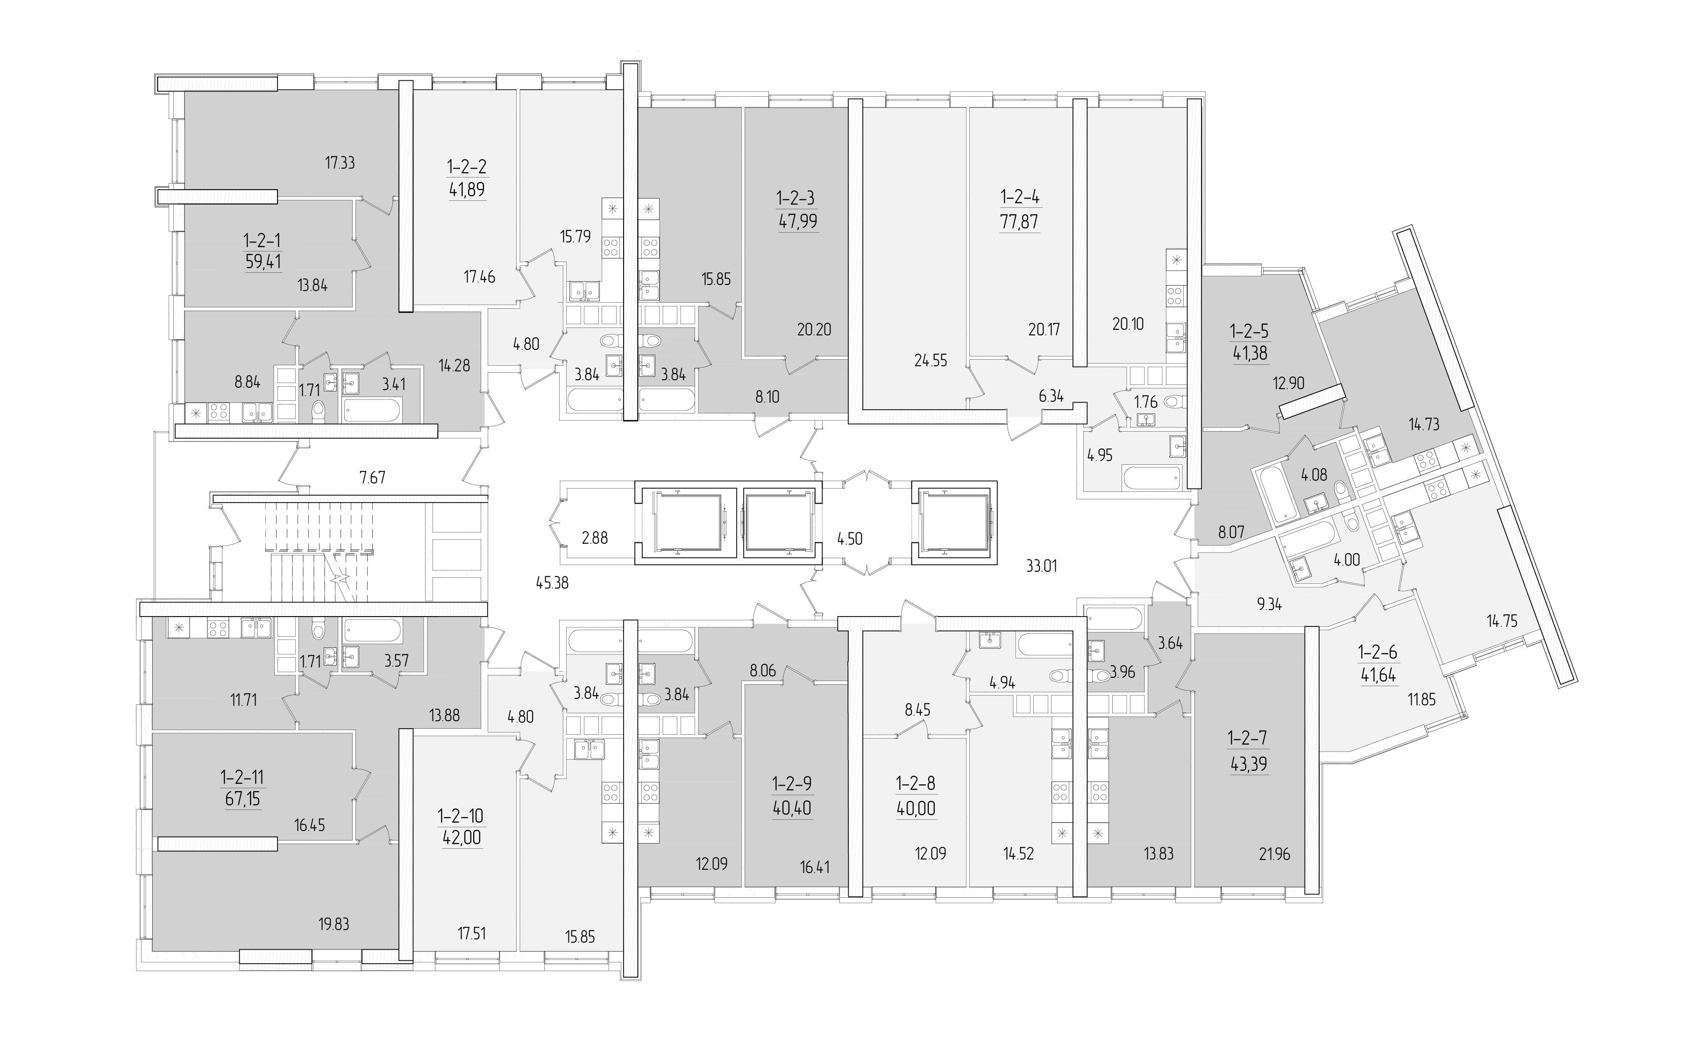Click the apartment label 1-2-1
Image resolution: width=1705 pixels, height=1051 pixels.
262,241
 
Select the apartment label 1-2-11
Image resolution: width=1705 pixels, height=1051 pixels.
242,776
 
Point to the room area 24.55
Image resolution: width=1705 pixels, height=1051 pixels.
931,361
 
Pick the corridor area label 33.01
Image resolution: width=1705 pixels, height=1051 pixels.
1041,567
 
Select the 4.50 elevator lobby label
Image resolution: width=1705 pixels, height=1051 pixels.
849,539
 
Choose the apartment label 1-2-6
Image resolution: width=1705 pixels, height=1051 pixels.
1378,653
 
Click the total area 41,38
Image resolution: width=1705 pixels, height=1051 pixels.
1250,353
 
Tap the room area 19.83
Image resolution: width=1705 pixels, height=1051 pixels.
334,924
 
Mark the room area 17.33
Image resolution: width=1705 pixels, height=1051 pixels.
340,163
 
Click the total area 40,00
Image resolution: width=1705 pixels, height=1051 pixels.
916,809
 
